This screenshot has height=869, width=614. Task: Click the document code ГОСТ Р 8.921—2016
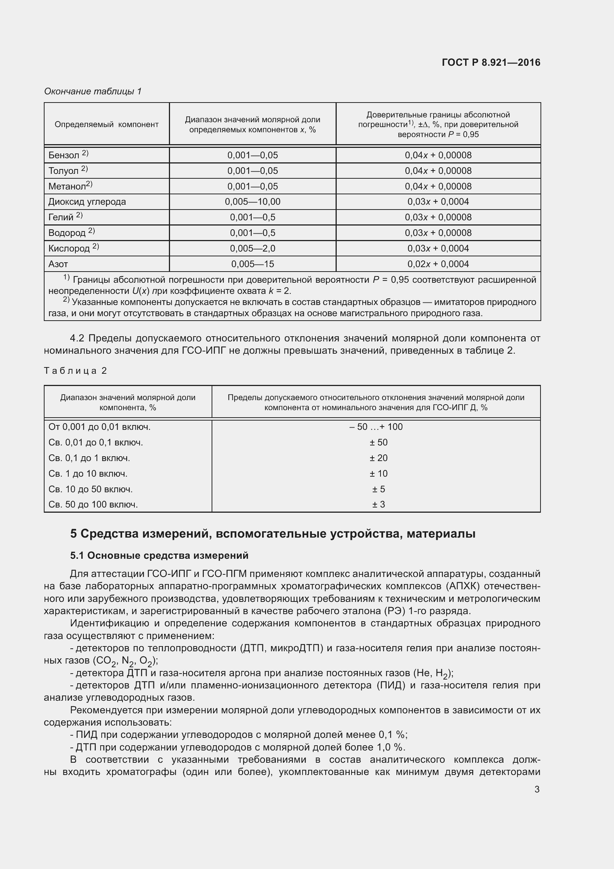[491, 62]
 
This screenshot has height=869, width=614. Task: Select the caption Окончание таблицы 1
[93, 91]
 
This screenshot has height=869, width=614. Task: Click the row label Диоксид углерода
[87, 202]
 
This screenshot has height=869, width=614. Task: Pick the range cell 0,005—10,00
[252, 202]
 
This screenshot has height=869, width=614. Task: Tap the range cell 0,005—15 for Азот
[252, 264]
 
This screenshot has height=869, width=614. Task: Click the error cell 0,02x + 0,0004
[438, 264]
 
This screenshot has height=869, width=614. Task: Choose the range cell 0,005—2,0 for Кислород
[252, 248]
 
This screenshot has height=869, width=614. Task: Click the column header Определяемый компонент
[107, 124]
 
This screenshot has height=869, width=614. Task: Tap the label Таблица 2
[75, 370]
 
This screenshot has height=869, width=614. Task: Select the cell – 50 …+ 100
[376, 427]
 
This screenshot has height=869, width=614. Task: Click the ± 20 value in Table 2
[378, 458]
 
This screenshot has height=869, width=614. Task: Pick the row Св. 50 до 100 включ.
[93, 505]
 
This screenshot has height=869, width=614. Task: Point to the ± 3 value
[378, 505]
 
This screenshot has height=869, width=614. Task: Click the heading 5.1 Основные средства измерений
[159, 555]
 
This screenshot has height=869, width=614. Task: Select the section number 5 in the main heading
[74, 534]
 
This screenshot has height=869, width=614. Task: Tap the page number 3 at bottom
[536, 789]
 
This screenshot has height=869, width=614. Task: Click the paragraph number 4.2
[77, 338]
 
